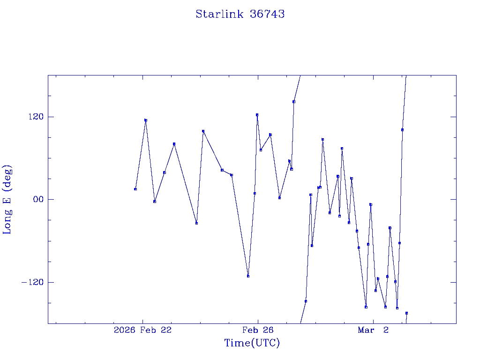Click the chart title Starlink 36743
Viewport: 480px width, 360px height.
[x=240, y=14]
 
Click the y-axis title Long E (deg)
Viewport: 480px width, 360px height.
[x=7, y=199]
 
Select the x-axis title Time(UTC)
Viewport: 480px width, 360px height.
[x=252, y=343]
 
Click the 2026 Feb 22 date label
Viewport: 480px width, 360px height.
[x=142, y=330]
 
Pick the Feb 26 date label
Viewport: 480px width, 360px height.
[x=257, y=330]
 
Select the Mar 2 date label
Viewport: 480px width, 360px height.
[x=373, y=330]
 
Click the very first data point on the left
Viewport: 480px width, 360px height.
[x=135, y=189]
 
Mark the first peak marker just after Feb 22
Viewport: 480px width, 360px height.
[x=146, y=120]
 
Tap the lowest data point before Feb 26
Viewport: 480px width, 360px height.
[x=248, y=276]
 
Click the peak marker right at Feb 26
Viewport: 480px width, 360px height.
[x=257, y=114]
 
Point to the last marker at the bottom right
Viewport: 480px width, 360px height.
[x=406, y=313]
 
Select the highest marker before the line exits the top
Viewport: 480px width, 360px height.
[x=293, y=101]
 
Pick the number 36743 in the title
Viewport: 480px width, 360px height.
[x=267, y=14]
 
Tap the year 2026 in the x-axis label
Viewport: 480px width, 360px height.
[x=124, y=330]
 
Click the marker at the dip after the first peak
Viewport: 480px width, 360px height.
[x=155, y=202]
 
